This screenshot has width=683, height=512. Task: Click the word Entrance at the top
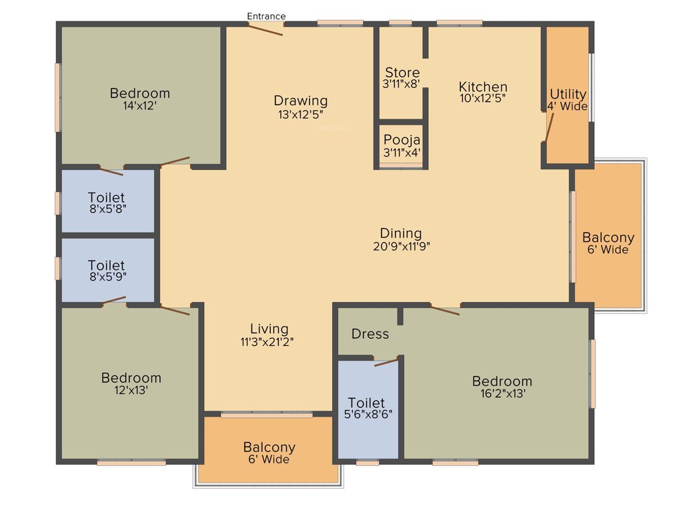(x=266, y=16)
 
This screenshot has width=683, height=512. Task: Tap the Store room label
(x=402, y=73)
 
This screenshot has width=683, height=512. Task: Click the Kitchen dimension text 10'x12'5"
(x=483, y=98)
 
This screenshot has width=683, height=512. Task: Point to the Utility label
(x=568, y=94)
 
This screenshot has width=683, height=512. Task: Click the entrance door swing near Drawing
(x=265, y=29)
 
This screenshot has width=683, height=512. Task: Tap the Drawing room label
(x=301, y=101)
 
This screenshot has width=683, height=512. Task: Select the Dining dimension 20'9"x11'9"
(x=401, y=245)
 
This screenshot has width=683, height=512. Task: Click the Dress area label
(x=370, y=334)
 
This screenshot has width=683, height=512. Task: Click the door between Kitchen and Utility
(x=548, y=126)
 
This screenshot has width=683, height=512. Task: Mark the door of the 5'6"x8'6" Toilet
(x=386, y=363)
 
